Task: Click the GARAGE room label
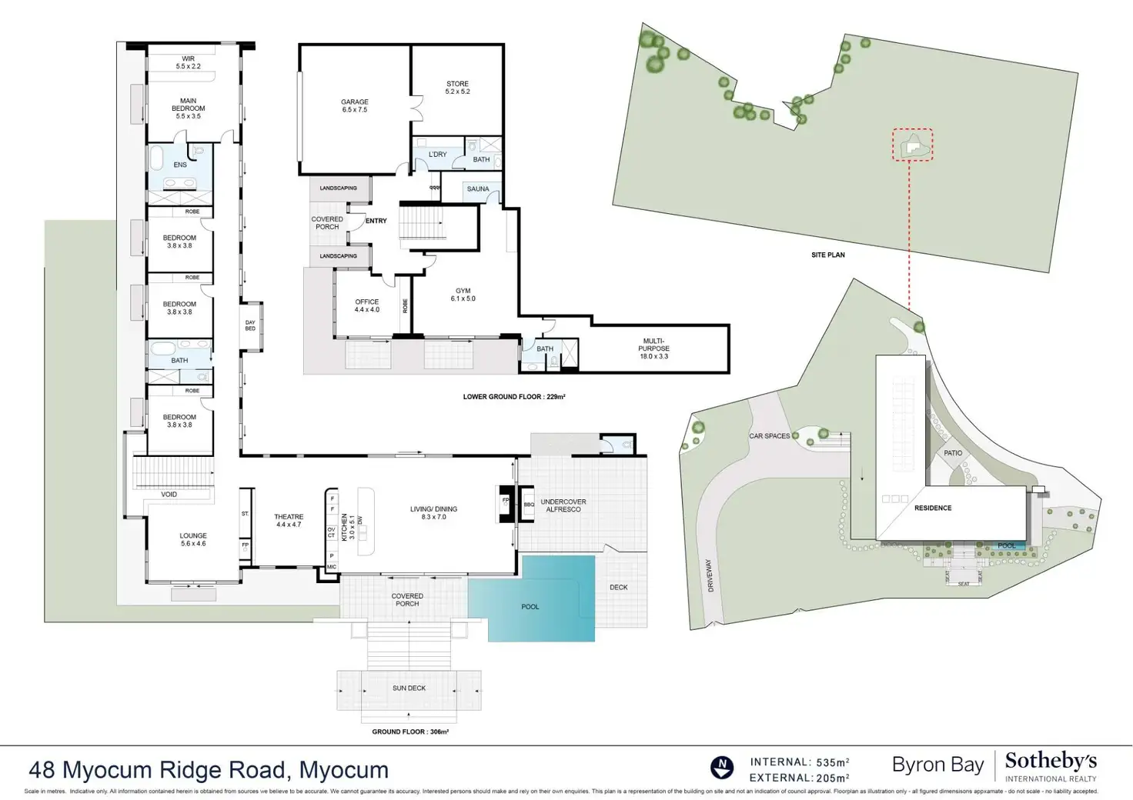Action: click(355, 105)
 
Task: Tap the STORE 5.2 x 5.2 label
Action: click(457, 88)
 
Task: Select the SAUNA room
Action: click(478, 189)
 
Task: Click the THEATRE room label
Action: click(289, 521)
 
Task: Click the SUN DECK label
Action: click(409, 688)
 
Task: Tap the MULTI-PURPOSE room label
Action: click(653, 348)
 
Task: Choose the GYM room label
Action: click(463, 295)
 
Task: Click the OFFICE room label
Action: click(367, 305)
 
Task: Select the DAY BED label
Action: click(250, 325)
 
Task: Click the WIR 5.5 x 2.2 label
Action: click(188, 62)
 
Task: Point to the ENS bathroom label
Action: click(180, 165)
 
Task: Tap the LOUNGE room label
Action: click(193, 539)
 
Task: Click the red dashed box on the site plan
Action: click(913, 145)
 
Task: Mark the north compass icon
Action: click(721, 766)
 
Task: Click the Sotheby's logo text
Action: click(1051, 762)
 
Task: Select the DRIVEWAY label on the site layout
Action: click(710, 575)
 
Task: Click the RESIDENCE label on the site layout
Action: click(933, 508)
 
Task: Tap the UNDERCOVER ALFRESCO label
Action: click(563, 505)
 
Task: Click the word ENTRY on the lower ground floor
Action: click(376, 221)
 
